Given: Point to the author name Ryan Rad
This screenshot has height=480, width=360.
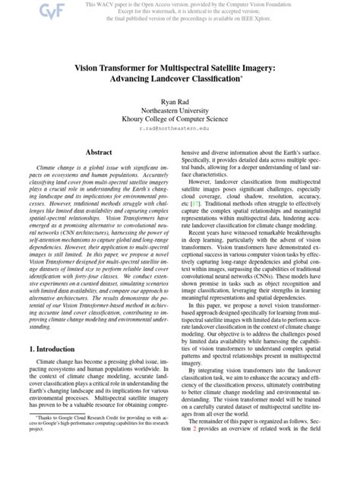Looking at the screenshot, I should point(179,101).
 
